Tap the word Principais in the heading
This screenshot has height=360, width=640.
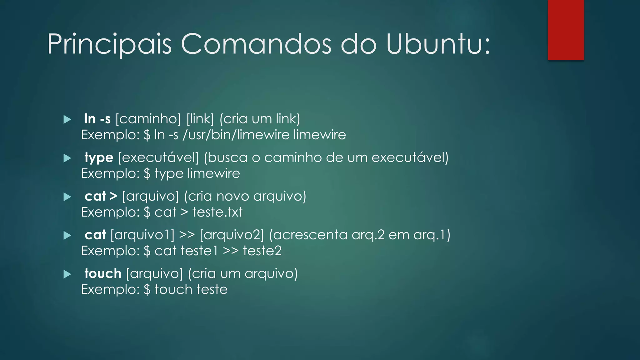coord(110,44)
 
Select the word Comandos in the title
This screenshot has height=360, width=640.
coord(256,44)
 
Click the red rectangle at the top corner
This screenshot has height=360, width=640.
coord(566,30)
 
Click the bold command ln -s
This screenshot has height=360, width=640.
coord(97,119)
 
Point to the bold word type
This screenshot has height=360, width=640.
coord(99,158)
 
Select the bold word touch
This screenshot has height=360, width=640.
coord(103,274)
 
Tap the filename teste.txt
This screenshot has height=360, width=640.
coord(217,212)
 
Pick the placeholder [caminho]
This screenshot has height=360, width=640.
coord(148,119)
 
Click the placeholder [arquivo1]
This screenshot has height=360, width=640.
coord(142,235)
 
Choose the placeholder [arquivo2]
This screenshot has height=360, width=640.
coord(232,235)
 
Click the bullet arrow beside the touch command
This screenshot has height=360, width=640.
coord(67,274)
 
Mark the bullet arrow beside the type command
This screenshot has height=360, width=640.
coord(67,158)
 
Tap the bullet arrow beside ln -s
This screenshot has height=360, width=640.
coord(67,119)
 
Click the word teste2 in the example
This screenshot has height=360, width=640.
coord(262,251)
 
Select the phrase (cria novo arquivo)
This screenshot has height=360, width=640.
coord(245,197)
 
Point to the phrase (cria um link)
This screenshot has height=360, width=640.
coord(260,119)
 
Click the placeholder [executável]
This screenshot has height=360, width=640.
coord(158,158)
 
